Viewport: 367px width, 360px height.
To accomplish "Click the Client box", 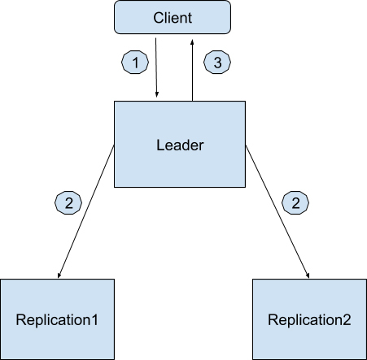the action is (173, 17).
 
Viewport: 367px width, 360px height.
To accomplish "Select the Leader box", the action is (180, 144).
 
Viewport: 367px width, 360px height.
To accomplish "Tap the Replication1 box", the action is (57, 319).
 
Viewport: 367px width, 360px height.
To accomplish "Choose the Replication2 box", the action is (309, 319).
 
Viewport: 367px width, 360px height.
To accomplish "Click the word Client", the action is (173, 18).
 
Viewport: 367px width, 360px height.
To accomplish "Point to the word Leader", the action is (180, 145).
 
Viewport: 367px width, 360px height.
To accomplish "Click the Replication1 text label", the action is (57, 320).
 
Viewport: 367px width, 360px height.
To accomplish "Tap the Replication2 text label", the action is (309, 320).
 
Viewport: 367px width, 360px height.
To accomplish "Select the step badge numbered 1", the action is (135, 62).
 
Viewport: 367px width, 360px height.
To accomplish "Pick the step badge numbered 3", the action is (217, 62).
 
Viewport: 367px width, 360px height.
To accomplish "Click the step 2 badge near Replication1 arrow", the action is (68, 202).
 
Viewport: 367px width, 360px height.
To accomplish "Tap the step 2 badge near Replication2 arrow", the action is (295, 202).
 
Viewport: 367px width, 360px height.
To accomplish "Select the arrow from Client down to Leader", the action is (156, 67).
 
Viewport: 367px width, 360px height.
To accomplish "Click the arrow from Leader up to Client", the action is (192, 71).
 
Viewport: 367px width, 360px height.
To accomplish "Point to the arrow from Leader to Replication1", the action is (86, 211).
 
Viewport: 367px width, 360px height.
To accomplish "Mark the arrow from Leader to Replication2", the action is (277, 211).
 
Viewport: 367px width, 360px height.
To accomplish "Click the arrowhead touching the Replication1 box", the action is (59, 275).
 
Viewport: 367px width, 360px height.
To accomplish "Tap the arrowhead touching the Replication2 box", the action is (308, 275).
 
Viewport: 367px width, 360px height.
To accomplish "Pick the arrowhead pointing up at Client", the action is (192, 42).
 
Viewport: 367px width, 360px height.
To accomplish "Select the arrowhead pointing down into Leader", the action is (157, 94).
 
